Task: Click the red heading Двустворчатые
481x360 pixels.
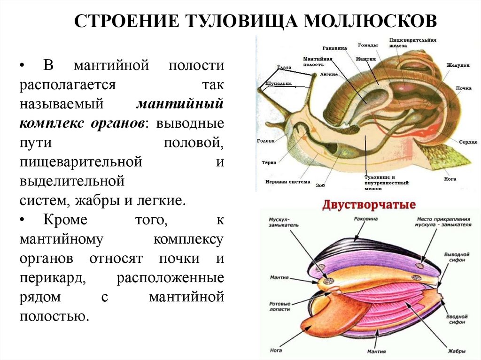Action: (x=368, y=206)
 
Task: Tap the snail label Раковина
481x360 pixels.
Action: (x=334, y=48)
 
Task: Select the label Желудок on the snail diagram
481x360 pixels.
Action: (x=458, y=65)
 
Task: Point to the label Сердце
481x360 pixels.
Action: (x=468, y=141)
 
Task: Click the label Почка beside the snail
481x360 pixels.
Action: (x=463, y=88)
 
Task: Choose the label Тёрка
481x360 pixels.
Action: (x=269, y=163)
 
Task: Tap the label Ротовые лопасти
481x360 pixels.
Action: (x=280, y=306)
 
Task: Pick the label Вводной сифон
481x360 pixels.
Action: (x=456, y=319)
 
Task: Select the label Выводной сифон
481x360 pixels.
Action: (x=456, y=257)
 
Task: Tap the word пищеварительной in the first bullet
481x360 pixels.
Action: (x=81, y=162)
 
